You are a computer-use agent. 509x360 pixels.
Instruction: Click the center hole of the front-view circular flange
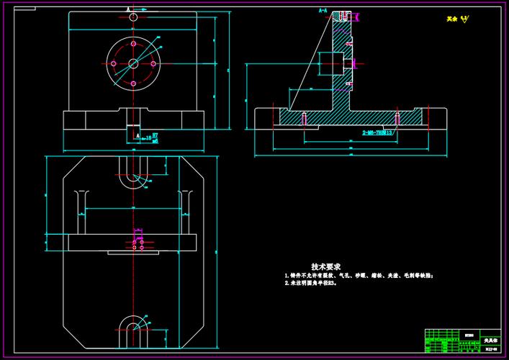(133, 64)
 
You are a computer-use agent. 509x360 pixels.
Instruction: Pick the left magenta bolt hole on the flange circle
(113, 64)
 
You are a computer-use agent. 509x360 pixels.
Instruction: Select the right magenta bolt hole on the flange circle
(154, 64)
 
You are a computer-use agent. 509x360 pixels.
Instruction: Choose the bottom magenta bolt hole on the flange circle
(133, 85)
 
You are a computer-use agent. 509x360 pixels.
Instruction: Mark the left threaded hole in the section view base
(305, 117)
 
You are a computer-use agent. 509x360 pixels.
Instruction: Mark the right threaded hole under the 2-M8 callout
(395, 117)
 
